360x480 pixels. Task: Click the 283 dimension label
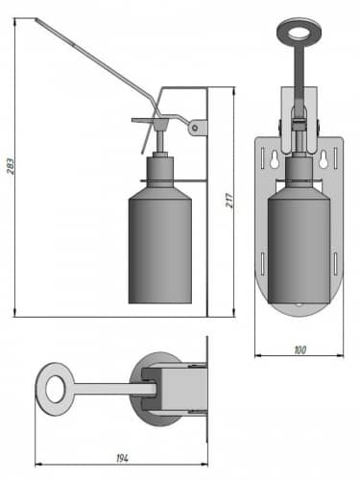(x=11, y=166)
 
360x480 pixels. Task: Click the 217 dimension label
(x=229, y=201)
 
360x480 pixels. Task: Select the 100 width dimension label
(x=300, y=350)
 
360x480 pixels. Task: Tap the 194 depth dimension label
(x=122, y=459)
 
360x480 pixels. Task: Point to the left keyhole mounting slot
(x=275, y=160)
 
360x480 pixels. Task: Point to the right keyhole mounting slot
(x=323, y=160)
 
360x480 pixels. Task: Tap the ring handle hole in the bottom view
(x=55, y=389)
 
